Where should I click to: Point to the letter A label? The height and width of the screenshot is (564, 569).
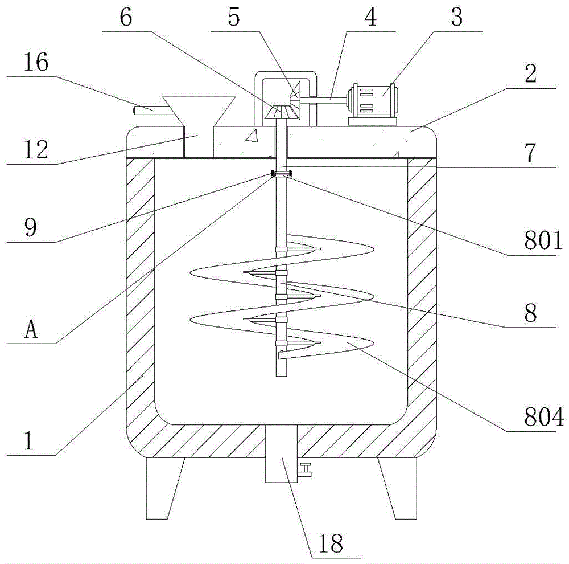(32, 330)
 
